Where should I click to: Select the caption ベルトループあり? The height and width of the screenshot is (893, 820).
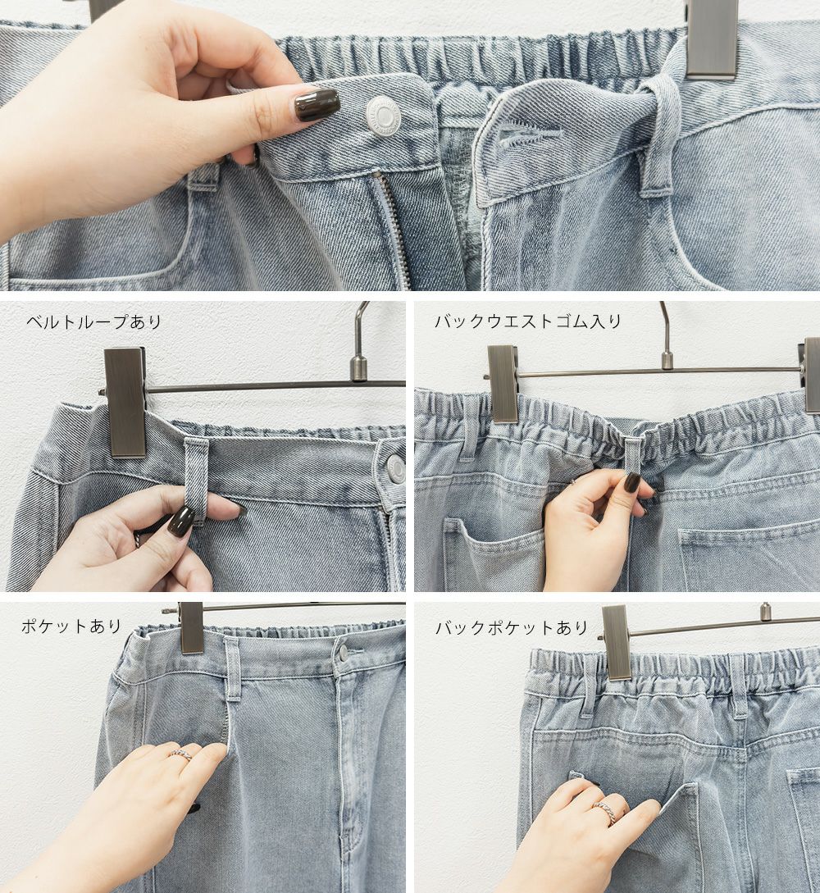(94, 322)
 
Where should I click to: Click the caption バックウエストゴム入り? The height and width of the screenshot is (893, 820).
(528, 321)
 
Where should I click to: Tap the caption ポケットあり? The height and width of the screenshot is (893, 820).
(72, 626)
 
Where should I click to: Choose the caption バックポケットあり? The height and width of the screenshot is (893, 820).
(512, 628)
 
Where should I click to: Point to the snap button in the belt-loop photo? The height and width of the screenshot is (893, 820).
(394, 468)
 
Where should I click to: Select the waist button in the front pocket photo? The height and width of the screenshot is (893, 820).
(342, 652)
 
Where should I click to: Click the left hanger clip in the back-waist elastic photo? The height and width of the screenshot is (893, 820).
(502, 384)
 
